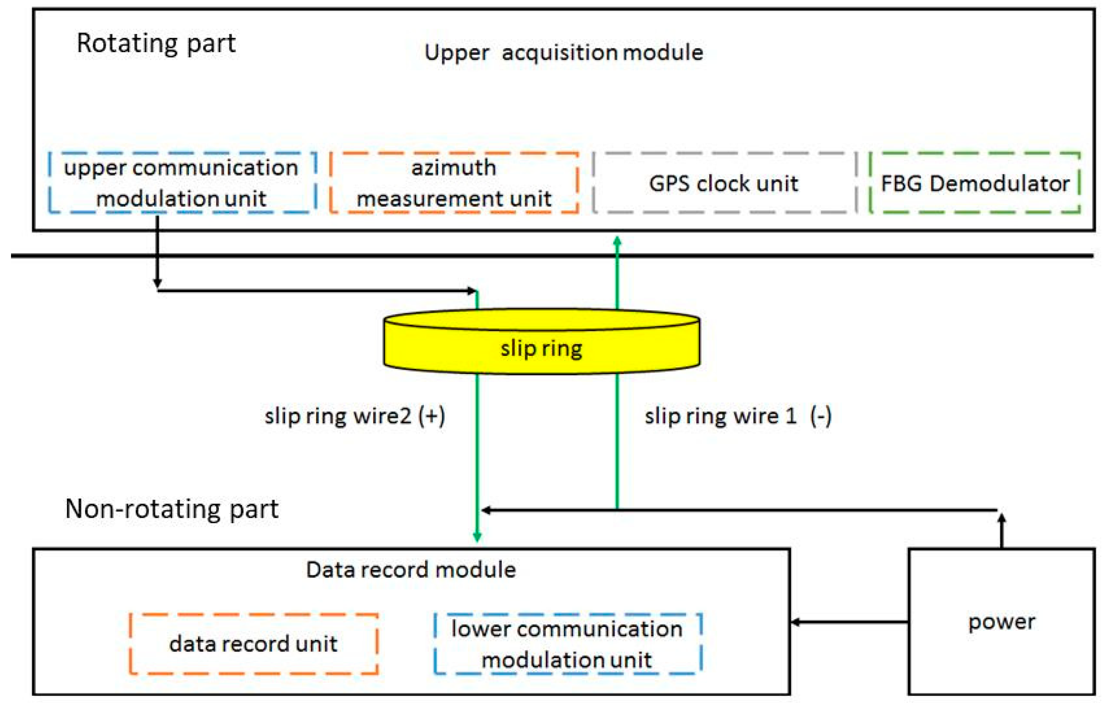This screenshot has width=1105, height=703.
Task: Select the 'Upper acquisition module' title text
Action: coord(564,53)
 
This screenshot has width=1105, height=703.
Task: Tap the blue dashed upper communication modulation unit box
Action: coord(182,183)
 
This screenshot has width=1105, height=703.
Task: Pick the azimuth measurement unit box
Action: coord(453,183)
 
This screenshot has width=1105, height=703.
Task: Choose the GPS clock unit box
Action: coord(723,183)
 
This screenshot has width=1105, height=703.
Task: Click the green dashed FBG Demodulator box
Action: coord(974,183)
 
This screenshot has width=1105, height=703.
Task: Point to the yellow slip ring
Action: coord(541,348)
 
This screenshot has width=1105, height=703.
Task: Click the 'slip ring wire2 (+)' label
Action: coord(355,416)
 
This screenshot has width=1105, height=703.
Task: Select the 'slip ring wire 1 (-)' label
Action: coord(738,416)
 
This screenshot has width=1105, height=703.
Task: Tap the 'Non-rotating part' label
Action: coord(171,508)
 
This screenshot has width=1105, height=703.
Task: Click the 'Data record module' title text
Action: coord(410,570)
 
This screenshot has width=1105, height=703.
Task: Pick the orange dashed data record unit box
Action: coord(254,644)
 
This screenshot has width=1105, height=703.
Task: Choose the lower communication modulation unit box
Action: coord(567,644)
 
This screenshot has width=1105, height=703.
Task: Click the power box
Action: coord(1001,622)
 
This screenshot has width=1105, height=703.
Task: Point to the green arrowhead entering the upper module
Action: coord(617,241)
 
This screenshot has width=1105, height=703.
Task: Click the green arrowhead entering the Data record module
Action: coord(477,537)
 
